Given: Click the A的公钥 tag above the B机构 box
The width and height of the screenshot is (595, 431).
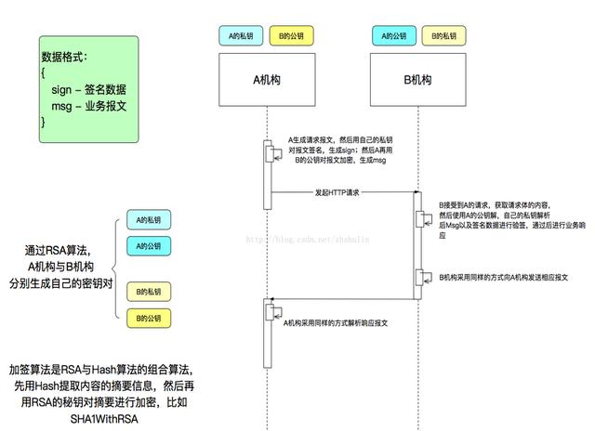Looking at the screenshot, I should click(393, 36).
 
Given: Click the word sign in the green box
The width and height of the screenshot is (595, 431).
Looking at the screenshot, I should click(63, 89).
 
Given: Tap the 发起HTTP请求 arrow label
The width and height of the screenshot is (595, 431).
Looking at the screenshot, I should click(338, 192).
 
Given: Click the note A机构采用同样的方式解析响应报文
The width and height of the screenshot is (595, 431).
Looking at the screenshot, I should click(336, 321).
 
